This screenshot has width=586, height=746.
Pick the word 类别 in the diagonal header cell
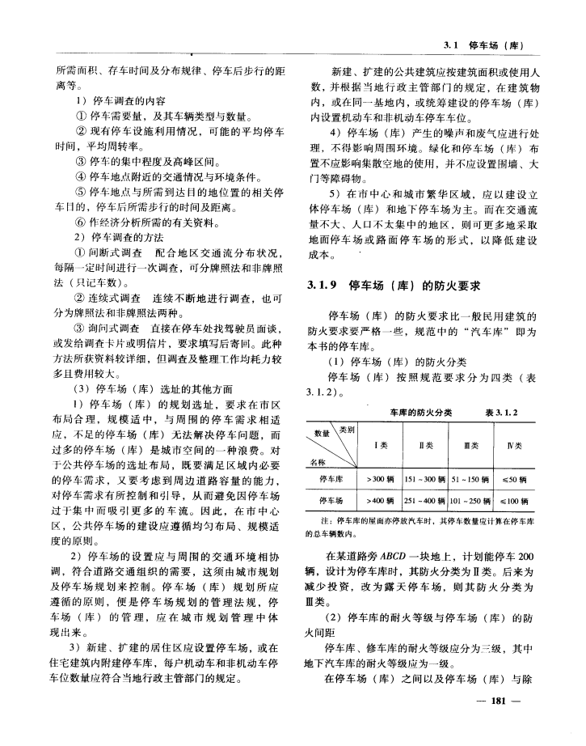pyautogui.click(x=348, y=430)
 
